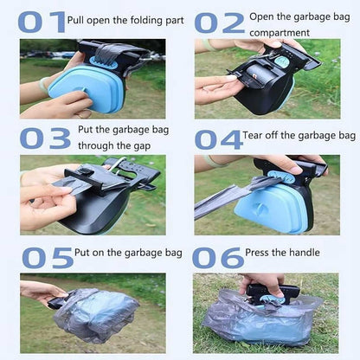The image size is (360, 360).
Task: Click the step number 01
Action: [x=42, y=21]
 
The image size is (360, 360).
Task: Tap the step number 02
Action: [x=219, y=22]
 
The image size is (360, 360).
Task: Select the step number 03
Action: [x=46, y=138]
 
